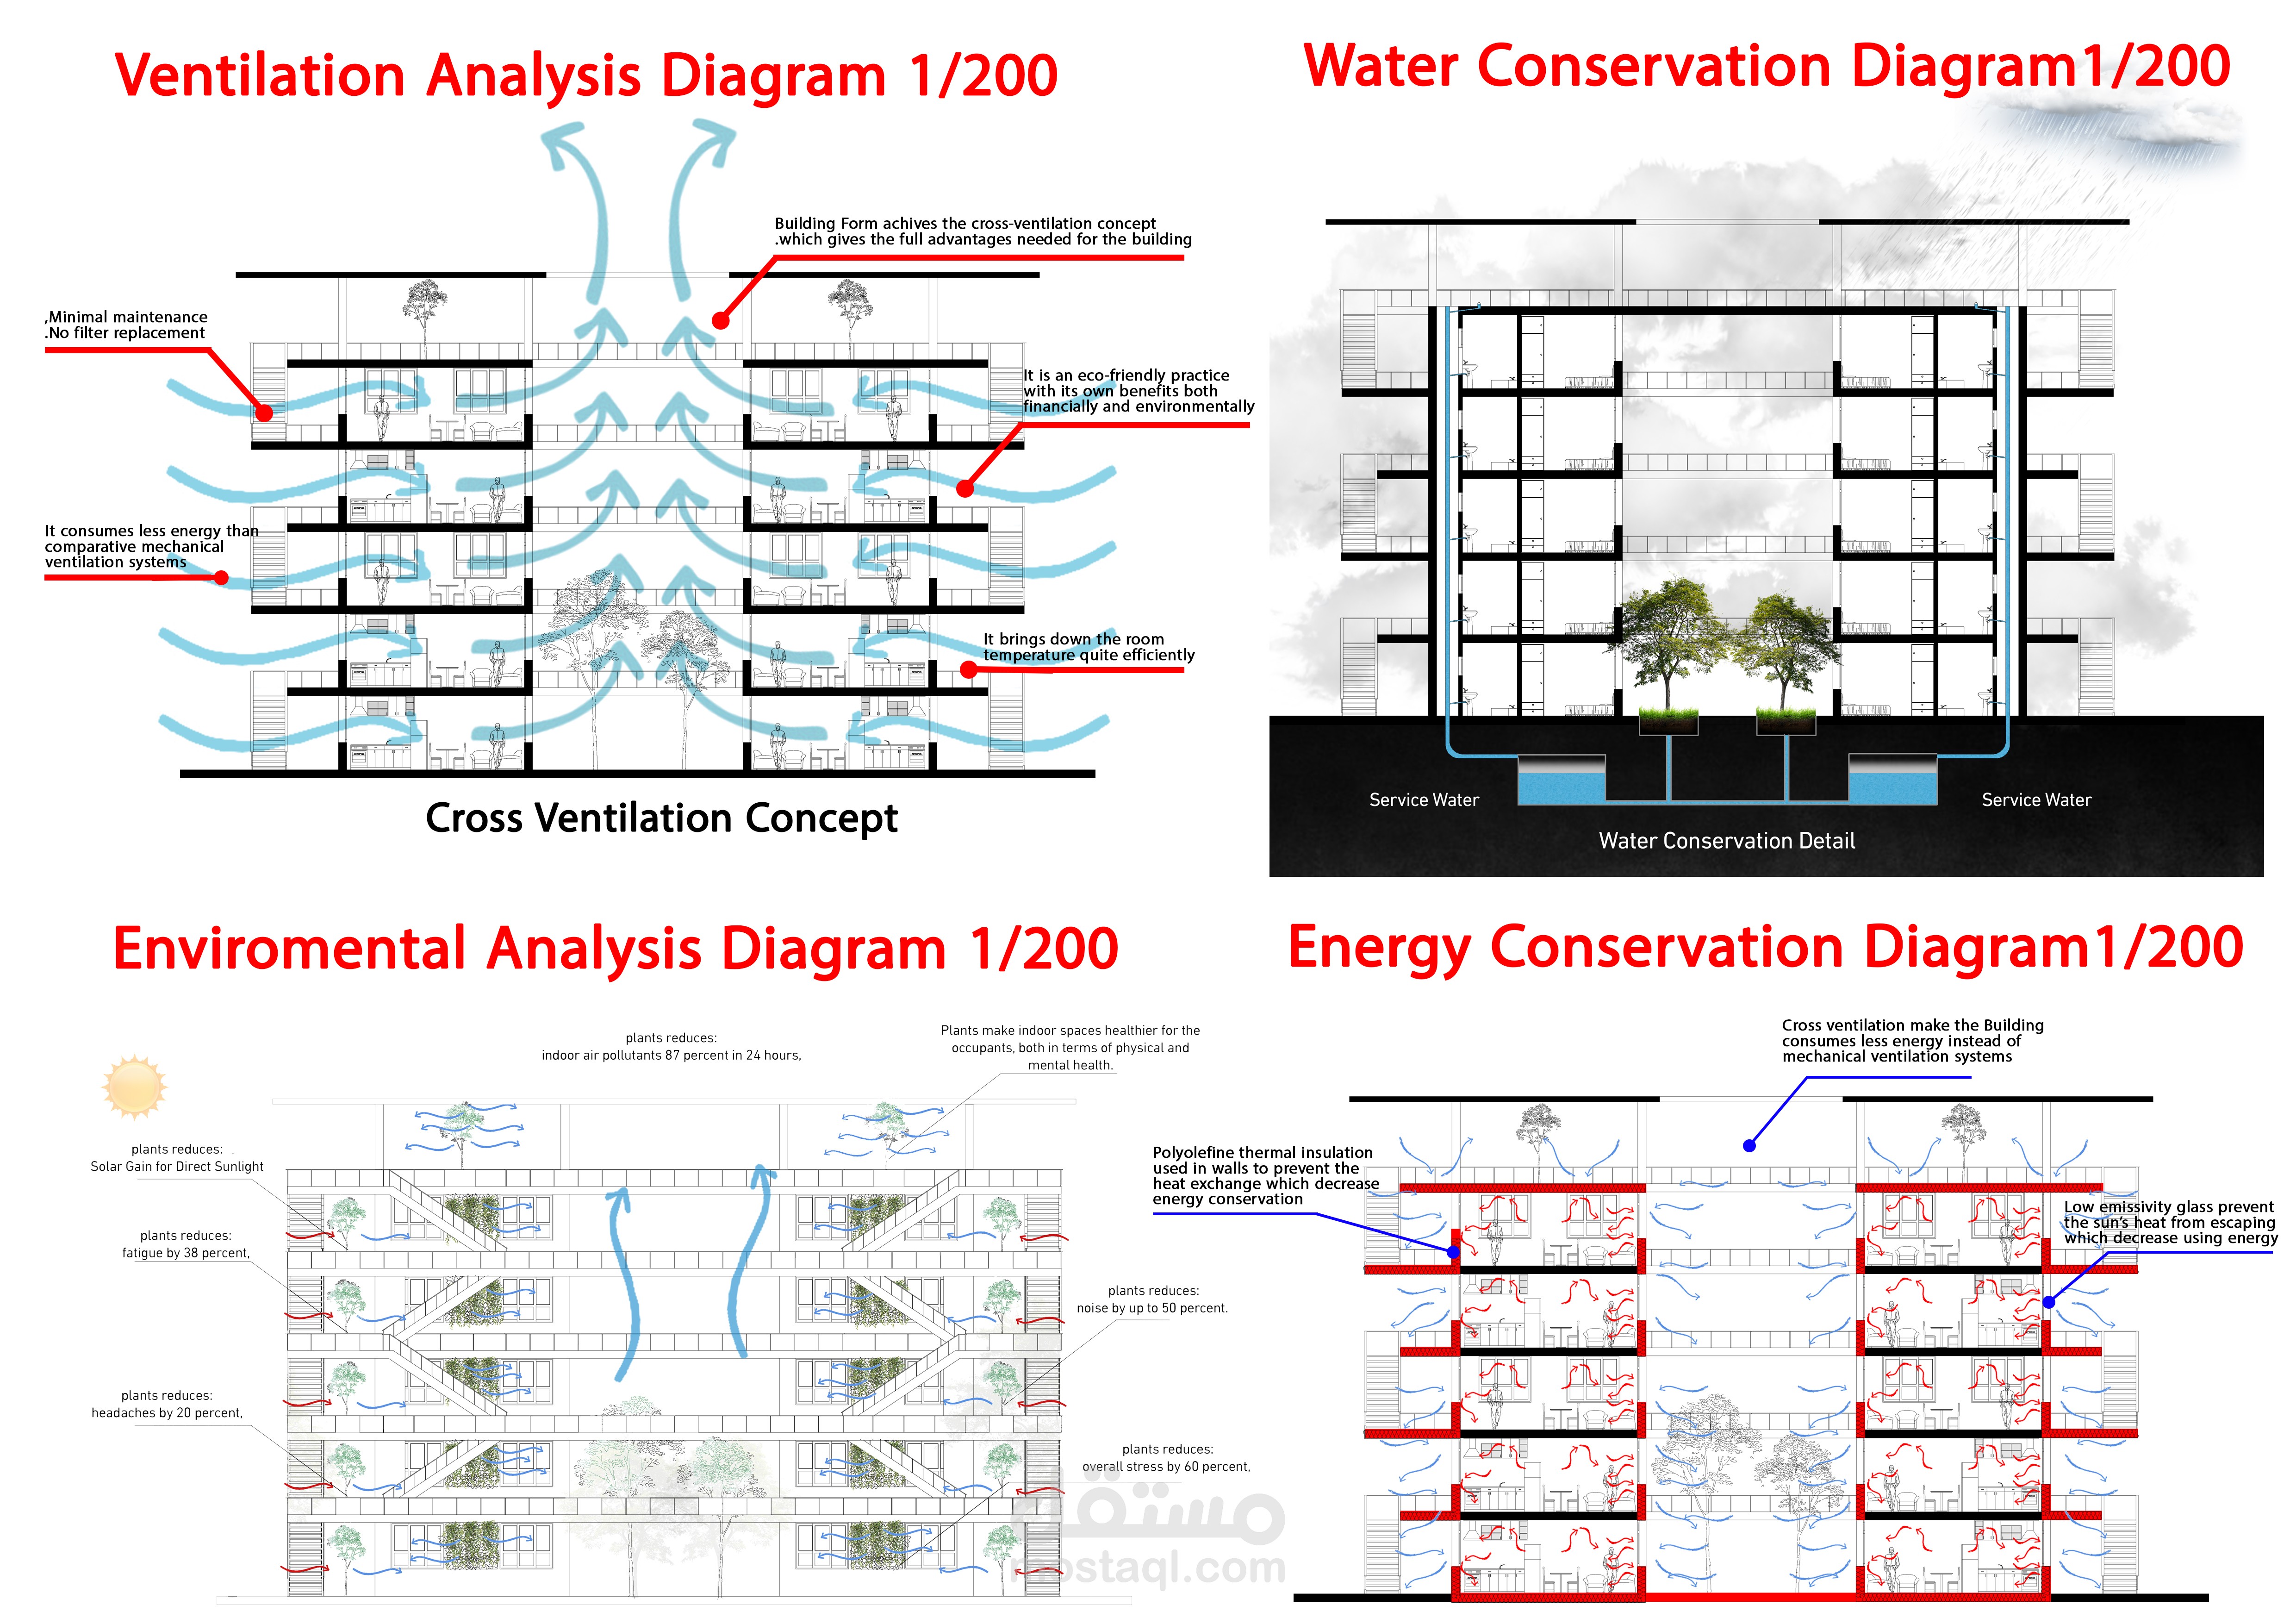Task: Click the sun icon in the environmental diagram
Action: (x=134, y=1086)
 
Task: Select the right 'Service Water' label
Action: (x=2036, y=800)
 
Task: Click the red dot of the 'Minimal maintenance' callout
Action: (x=264, y=412)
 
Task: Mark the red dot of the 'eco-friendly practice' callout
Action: (x=964, y=489)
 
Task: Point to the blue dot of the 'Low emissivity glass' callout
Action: (x=2049, y=1302)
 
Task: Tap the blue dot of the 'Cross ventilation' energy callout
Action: (x=1749, y=1146)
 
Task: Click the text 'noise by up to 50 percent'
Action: (x=1152, y=1308)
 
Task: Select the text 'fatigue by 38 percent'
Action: (x=186, y=1253)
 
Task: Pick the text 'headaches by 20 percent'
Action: (x=167, y=1413)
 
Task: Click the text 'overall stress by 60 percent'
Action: (x=1166, y=1467)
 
